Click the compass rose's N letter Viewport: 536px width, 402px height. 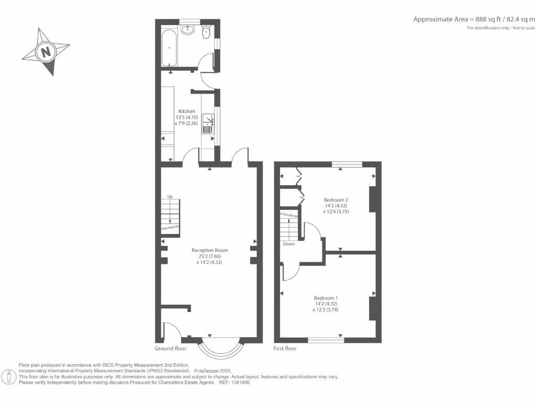[46, 52]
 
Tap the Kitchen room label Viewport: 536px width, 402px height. [187, 111]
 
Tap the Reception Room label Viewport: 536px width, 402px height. [209, 250]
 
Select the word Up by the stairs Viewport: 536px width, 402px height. [169, 196]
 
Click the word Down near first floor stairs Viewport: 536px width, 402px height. [289, 244]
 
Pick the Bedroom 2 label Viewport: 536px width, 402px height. [336, 200]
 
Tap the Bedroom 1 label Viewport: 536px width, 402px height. [326, 298]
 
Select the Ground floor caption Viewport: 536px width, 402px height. [171, 348]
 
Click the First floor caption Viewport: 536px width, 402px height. [285, 348]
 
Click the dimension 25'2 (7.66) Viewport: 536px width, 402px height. [209, 256]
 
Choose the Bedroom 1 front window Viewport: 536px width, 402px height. [326, 340]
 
